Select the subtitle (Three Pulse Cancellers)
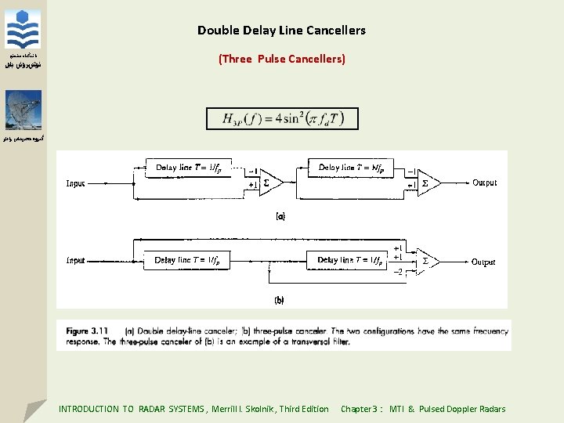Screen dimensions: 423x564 pos(281,59)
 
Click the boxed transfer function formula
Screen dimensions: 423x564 pos(282,118)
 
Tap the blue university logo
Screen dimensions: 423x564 pos(23,30)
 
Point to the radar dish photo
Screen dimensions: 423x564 pos(23,110)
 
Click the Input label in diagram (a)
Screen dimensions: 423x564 pos(76,184)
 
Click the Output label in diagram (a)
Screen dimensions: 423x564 pos(484,183)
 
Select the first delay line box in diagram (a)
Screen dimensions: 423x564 pos(188,167)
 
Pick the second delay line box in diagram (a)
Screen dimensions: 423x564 pos(351,167)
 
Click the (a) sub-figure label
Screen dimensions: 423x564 pos(280,215)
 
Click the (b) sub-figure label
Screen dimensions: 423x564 pos(279,300)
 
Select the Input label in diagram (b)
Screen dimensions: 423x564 pos(76,260)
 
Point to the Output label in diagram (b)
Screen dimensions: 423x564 pos(483,262)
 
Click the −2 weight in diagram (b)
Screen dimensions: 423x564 pos(398,272)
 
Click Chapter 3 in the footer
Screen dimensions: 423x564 pos(360,409)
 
